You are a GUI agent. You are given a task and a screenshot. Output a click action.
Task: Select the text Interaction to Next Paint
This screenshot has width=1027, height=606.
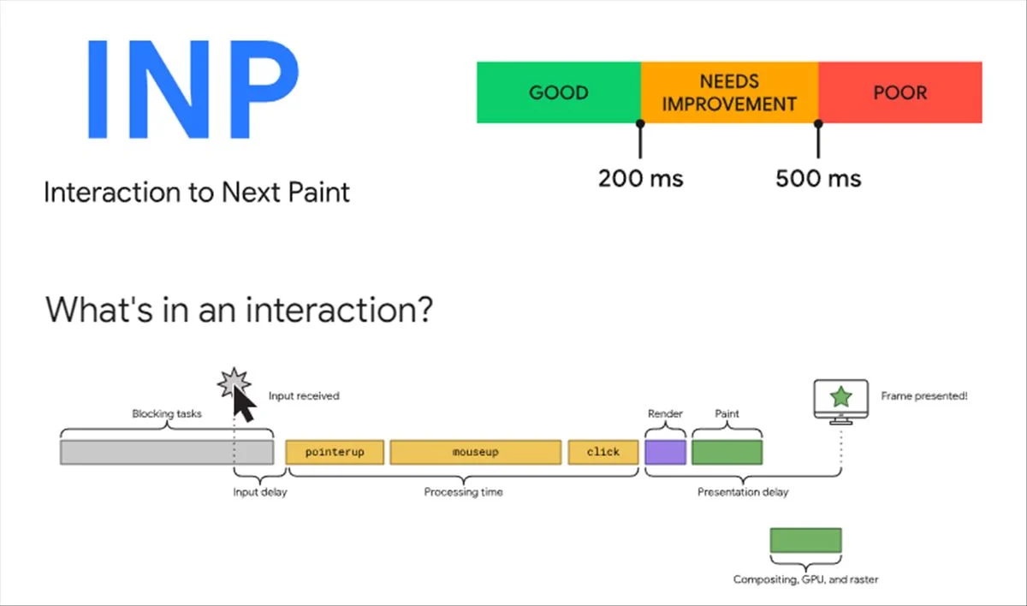(x=197, y=192)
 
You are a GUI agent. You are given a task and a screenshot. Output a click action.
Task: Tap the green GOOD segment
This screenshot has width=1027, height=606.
(x=558, y=92)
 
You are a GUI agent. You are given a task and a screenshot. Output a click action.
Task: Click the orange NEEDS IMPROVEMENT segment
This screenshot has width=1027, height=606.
(x=729, y=92)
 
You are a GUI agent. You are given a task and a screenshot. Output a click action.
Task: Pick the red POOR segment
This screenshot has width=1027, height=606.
(x=899, y=92)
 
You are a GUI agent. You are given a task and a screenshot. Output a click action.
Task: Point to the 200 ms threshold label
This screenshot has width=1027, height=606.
(x=640, y=179)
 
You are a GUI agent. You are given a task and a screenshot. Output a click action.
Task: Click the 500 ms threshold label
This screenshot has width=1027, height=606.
(x=818, y=179)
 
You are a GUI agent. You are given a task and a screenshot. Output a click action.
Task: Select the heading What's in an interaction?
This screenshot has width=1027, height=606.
(x=238, y=309)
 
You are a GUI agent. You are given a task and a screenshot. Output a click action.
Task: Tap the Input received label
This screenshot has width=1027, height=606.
(x=304, y=396)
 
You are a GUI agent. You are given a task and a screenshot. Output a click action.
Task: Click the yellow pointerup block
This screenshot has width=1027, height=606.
(x=335, y=452)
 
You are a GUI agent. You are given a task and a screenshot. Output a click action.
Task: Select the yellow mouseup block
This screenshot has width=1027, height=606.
(x=475, y=452)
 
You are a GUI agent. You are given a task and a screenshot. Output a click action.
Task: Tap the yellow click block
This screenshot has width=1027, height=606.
(x=603, y=452)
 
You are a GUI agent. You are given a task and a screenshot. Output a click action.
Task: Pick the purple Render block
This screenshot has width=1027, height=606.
(x=665, y=452)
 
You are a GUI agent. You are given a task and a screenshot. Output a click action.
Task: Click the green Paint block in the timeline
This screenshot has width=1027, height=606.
(x=727, y=452)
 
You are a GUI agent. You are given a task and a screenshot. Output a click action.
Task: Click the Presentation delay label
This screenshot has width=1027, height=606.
(x=742, y=492)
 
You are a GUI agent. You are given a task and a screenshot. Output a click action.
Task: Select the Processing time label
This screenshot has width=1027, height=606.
(x=463, y=492)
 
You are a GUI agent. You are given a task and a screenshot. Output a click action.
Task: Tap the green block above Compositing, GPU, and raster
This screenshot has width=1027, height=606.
(x=805, y=540)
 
